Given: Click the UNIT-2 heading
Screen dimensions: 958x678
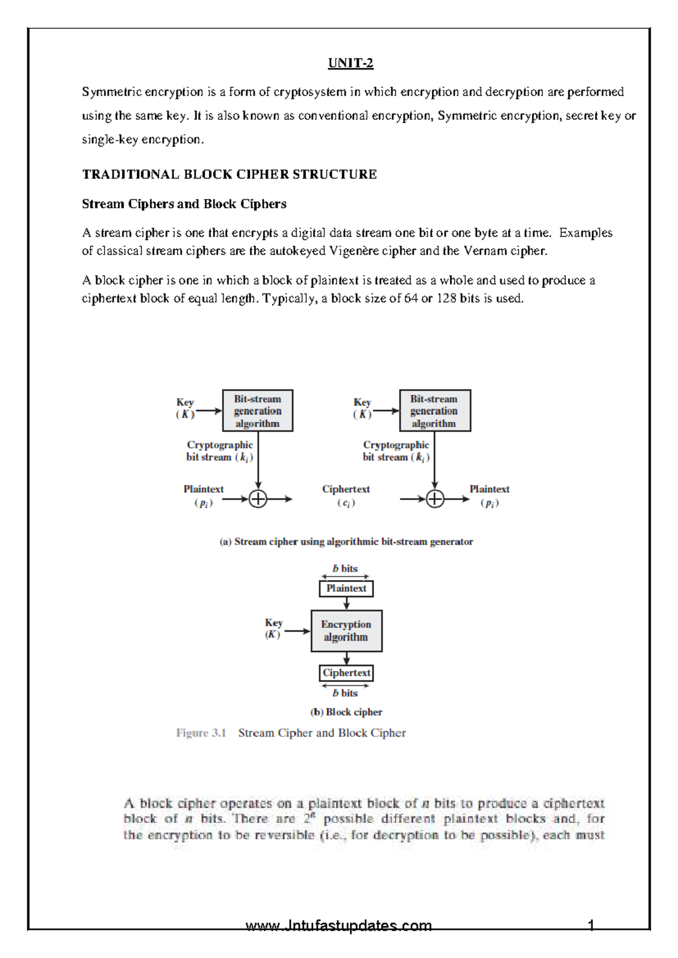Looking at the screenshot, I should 350,63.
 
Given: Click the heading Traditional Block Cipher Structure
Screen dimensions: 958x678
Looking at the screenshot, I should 229,174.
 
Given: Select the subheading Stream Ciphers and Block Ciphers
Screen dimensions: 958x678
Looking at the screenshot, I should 184,204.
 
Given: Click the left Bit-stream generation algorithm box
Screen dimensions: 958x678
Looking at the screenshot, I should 257,411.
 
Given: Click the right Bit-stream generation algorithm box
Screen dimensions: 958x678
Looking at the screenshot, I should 434,411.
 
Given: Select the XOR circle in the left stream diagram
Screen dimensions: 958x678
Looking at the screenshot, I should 258,499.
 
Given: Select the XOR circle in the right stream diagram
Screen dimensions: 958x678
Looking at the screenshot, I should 434,499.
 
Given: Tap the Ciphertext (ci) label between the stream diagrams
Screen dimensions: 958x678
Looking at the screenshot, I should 346,495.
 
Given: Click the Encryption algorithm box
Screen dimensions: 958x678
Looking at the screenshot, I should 346,630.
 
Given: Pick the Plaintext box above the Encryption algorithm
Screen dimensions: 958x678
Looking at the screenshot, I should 346,588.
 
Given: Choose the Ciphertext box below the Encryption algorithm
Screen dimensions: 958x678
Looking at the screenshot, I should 346,673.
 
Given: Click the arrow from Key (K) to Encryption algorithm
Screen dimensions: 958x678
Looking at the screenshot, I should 297,631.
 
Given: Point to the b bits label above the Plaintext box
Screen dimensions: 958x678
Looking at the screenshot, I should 345,568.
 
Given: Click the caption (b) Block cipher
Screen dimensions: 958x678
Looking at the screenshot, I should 346,712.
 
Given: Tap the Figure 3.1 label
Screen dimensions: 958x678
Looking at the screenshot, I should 201,733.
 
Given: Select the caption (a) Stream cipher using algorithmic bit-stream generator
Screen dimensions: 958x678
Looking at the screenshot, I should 346,541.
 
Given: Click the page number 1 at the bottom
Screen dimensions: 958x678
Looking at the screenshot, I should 591,925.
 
